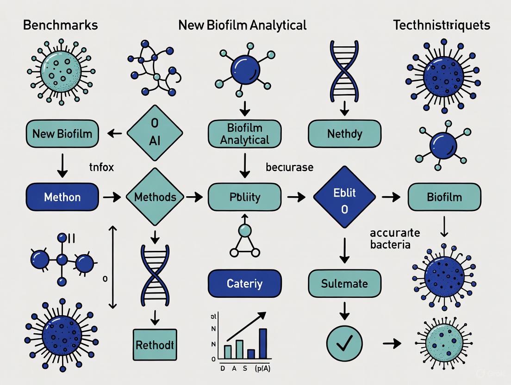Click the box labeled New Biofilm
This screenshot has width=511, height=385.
[62, 134]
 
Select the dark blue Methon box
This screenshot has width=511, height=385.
[62, 197]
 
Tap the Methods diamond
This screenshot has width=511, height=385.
[155, 197]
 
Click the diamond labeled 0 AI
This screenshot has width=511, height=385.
[155, 134]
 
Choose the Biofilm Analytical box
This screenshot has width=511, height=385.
[245, 133]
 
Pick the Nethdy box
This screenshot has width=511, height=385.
[344, 134]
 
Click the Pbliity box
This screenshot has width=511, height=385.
[245, 197]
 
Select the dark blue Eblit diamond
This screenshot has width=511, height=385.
[344, 197]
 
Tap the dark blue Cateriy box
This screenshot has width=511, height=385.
[245, 283]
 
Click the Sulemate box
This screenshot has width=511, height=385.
[344, 283]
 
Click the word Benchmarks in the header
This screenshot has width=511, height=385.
[60, 25]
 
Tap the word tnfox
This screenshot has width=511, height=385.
[101, 168]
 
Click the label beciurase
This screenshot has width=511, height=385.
[290, 168]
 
